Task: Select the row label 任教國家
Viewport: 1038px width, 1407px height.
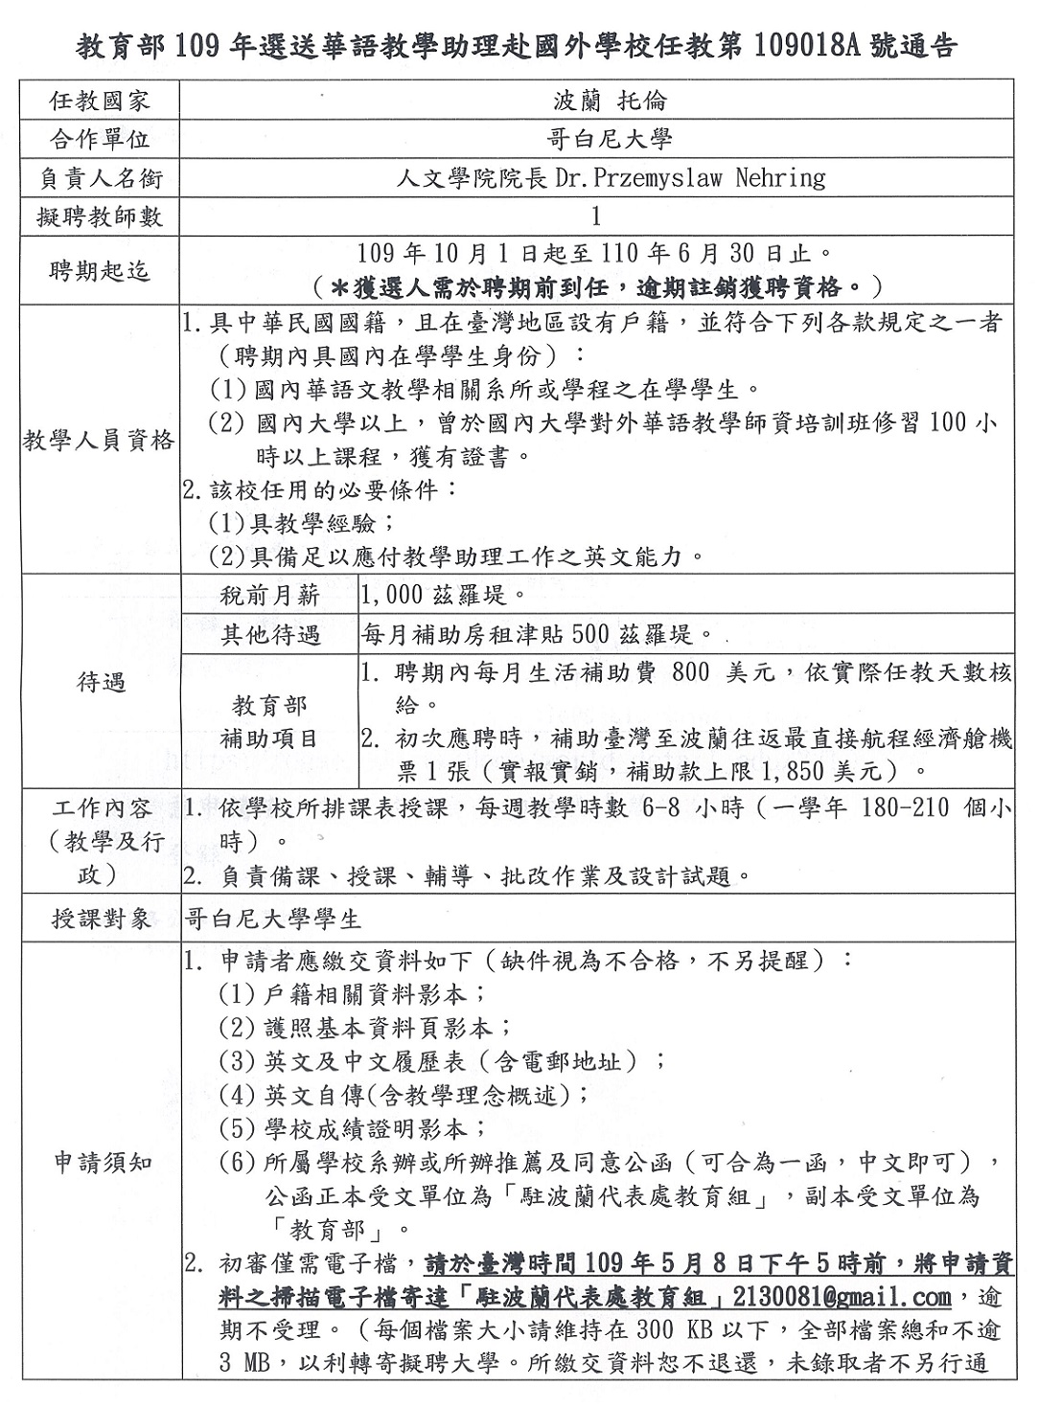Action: [100, 101]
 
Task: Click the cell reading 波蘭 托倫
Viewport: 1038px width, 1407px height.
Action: [596, 101]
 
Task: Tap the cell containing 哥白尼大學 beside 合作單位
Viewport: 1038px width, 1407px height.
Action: [596, 139]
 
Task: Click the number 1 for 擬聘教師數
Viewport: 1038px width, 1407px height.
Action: [596, 216]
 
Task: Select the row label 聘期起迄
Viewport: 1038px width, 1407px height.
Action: [100, 271]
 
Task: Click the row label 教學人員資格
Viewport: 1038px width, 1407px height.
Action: [100, 441]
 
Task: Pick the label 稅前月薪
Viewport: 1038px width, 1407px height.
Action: [269, 595]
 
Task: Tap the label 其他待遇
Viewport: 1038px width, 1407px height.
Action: [269, 634]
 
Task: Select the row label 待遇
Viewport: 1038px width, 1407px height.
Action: [100, 683]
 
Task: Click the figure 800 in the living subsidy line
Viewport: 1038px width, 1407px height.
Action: [692, 672]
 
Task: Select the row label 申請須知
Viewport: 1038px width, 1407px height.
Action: [100, 1163]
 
